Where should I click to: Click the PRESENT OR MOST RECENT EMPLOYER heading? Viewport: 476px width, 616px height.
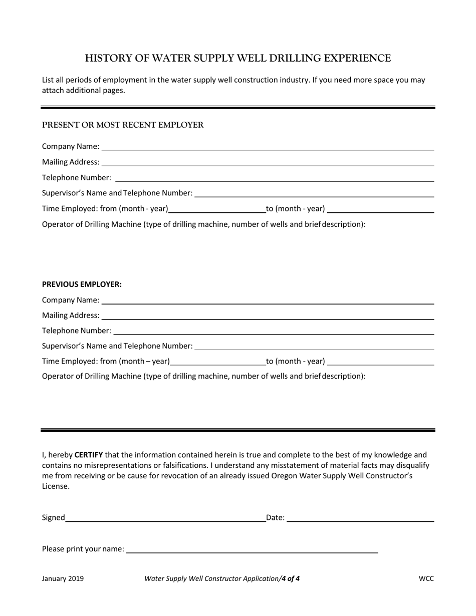pyautogui.click(x=123, y=125)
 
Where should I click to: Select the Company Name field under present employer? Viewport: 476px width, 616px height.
pyautogui.click(x=267, y=146)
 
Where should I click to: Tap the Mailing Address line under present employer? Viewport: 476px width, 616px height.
pyautogui.click(x=267, y=162)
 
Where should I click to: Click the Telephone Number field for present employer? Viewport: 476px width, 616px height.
pyautogui.click(x=274, y=177)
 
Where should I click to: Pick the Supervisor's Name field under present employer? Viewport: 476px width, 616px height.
pyautogui.click(x=314, y=193)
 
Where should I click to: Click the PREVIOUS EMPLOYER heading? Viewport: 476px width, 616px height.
pyautogui.click(x=82, y=284)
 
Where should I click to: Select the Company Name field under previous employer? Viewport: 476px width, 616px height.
pyautogui.click(x=267, y=300)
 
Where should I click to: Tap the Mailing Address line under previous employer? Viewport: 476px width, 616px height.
pyautogui.click(x=267, y=316)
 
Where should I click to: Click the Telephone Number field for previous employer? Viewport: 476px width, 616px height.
pyautogui.click(x=274, y=331)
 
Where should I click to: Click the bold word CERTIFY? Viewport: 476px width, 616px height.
pyautogui.click(x=89, y=455)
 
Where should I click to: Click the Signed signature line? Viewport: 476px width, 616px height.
pyautogui.click(x=165, y=518)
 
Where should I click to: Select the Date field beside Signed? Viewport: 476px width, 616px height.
pyautogui.click(x=360, y=518)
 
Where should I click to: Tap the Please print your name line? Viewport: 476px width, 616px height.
pyautogui.click(x=252, y=549)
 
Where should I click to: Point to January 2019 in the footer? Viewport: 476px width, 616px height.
pyautogui.click(x=63, y=578)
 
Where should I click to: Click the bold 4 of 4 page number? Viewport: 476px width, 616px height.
pyautogui.click(x=291, y=578)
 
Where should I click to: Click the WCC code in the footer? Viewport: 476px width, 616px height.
pyautogui.click(x=426, y=578)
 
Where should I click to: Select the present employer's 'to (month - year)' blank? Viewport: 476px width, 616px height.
pyautogui.click(x=380, y=209)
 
